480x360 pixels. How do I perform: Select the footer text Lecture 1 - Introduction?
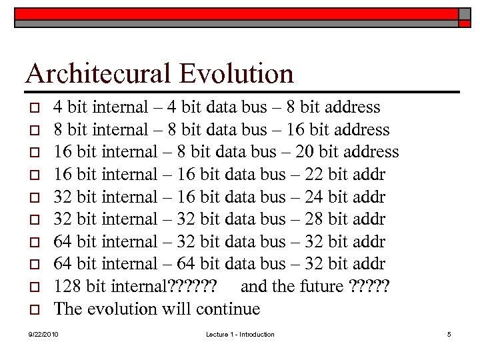point(240,334)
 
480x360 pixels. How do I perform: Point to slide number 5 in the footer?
point(449,334)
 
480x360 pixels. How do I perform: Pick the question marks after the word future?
point(369,287)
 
